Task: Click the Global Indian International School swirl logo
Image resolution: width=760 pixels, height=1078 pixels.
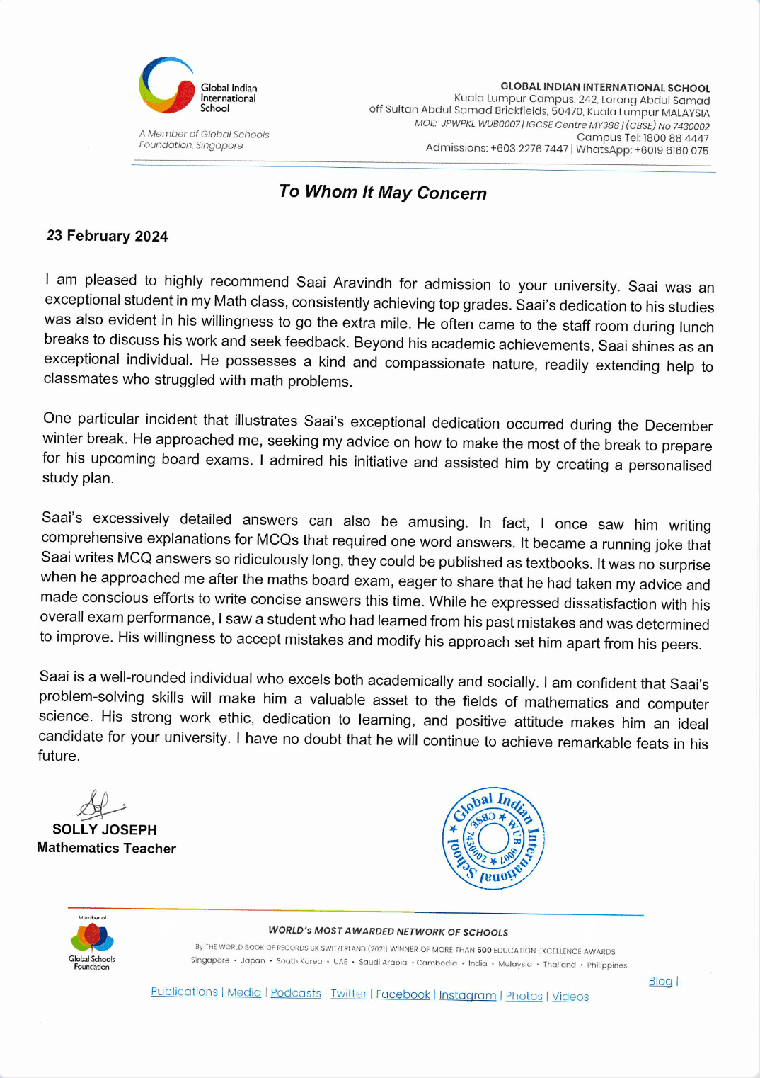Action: click(x=167, y=86)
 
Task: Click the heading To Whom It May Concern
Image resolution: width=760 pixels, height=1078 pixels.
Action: click(x=383, y=193)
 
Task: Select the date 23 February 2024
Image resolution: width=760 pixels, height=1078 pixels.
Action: click(x=107, y=236)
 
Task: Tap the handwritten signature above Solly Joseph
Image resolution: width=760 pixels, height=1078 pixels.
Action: click(x=100, y=804)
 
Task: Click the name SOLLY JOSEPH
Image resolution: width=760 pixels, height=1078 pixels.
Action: click(x=105, y=829)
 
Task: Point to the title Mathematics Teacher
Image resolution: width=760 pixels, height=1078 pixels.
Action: click(x=106, y=848)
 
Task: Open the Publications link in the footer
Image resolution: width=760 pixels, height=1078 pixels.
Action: click(x=184, y=992)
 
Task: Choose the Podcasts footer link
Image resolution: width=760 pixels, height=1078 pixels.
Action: click(x=296, y=994)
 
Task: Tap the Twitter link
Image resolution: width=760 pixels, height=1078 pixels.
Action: click(x=349, y=994)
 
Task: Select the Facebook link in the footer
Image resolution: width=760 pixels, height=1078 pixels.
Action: click(x=403, y=994)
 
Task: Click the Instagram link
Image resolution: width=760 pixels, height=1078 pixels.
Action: click(x=468, y=995)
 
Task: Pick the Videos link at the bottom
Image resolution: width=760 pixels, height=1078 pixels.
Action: click(x=570, y=997)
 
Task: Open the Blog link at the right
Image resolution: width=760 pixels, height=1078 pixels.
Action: click(x=660, y=981)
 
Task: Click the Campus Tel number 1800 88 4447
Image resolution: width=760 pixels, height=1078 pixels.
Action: click(x=676, y=138)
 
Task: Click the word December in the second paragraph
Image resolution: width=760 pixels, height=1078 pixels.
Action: click(x=678, y=426)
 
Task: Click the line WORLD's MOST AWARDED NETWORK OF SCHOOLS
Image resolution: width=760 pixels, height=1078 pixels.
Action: click(x=388, y=932)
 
